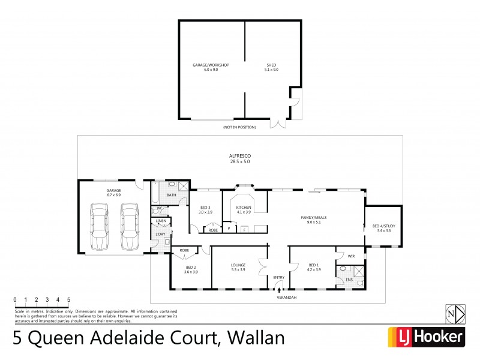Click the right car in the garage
[x=128, y=227]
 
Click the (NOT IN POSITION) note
[x=239, y=127]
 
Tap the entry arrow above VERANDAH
[x=279, y=290]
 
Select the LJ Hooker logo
[x=427, y=337]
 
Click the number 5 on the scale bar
[x=68, y=299]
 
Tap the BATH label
[x=171, y=195]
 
